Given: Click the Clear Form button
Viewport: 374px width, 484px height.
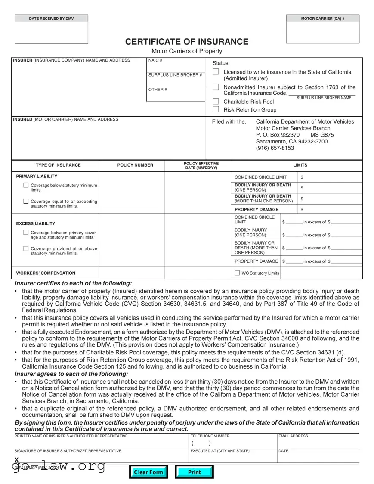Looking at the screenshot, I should coord(148,472).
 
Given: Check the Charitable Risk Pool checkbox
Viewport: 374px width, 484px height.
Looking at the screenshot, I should coord(216,102).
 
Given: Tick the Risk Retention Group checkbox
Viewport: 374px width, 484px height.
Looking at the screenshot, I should coord(216,109).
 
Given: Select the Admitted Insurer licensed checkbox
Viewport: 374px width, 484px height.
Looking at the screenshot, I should coord(216,72).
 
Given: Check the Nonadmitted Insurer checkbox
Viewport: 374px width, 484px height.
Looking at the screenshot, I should coord(216,87).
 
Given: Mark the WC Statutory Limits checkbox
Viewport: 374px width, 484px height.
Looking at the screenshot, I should coord(237,273).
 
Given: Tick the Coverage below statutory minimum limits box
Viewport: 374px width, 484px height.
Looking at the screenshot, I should coord(26,185).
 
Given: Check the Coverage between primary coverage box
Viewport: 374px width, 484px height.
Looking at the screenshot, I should coord(26,233).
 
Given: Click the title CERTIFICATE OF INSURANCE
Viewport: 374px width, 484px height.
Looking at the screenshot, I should coord(187,42).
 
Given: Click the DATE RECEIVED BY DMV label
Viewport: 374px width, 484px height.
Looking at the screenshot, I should coord(51,19).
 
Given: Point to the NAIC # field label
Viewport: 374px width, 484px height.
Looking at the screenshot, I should coord(155,60).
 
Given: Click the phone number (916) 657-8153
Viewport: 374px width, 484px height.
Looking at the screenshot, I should coord(275,148).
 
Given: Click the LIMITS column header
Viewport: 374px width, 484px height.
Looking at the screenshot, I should coord(300,165).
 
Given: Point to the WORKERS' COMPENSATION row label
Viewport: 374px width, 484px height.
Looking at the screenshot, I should coord(46,273).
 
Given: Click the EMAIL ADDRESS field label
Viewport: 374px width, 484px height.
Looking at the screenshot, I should coord(294,436).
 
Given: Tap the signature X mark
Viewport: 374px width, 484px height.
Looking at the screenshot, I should coord(16,459).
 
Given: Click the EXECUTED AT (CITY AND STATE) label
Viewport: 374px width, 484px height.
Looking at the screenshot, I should coord(219,451).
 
